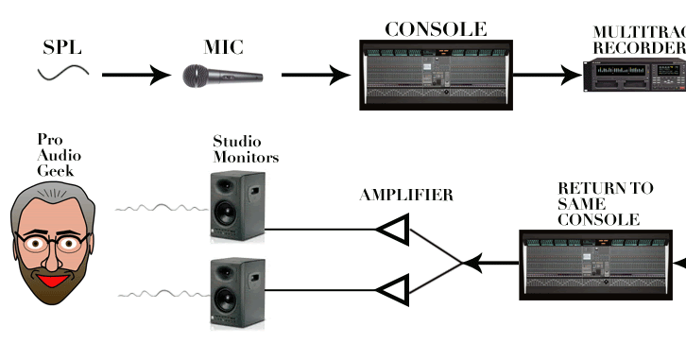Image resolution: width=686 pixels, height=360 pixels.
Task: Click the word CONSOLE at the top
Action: pyautogui.click(x=436, y=28)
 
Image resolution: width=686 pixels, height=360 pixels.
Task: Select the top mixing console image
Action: pyautogui.click(x=436, y=73)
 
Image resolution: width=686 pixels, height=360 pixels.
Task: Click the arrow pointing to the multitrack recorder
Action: pyautogui.click(x=547, y=74)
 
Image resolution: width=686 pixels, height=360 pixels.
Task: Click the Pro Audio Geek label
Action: pyautogui.click(x=55, y=155)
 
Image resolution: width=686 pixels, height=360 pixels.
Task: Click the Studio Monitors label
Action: pyautogui.click(x=245, y=148)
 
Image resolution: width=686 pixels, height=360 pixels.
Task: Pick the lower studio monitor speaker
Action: pyautogui.click(x=237, y=290)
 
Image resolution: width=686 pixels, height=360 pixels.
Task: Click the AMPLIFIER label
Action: pyautogui.click(x=406, y=197)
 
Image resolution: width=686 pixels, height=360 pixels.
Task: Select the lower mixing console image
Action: pyautogui.click(x=602, y=265)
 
